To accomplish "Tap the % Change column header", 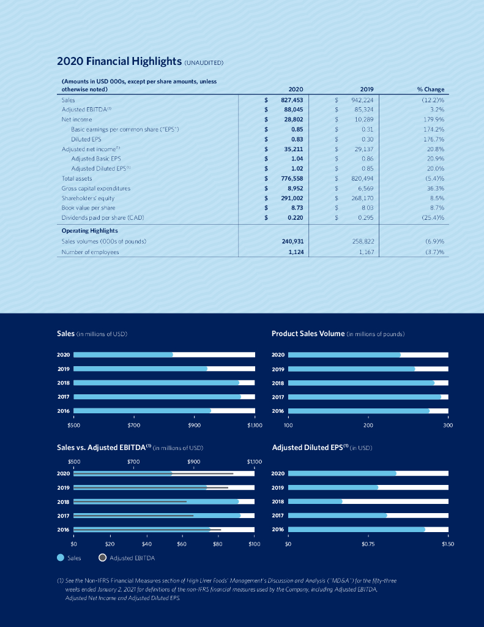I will pos(431,89).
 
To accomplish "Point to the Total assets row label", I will pos(76,178).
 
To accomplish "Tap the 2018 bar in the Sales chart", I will pos(156,383).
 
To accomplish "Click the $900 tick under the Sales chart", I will pos(194,424).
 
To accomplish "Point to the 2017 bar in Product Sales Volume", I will pos(364,397).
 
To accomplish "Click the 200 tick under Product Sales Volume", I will pos(368,424).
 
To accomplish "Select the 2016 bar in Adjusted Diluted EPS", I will pos(356,529).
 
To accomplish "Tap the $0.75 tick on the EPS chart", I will pos(368,543).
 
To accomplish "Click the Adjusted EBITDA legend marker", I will pos(103,558).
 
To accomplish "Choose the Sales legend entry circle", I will pos(61,558).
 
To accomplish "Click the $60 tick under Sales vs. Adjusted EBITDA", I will pos(182,543).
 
